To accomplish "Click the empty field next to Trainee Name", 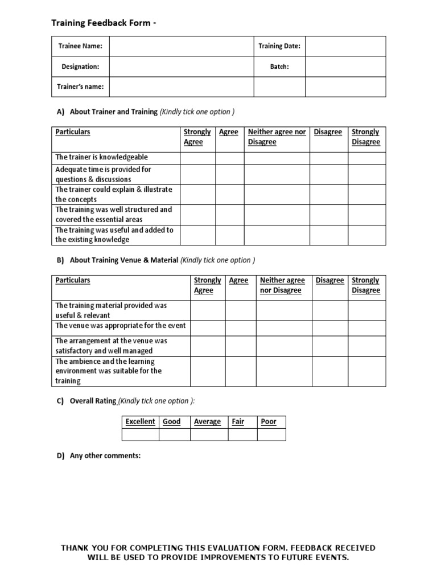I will tap(181, 46).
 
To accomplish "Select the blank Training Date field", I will tap(345, 46).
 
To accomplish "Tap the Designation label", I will tap(80, 67).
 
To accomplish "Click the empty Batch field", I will tap(345, 67).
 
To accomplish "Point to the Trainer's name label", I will tap(80, 87).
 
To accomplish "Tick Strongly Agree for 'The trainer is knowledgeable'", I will tap(197, 157).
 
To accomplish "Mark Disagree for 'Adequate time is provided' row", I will tap(329, 174).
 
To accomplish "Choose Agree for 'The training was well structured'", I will tap(229, 214).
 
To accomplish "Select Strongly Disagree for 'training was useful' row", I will tap(366, 235).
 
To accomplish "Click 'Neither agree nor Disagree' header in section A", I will tap(277, 137).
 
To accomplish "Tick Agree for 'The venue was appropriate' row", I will tap(240, 328).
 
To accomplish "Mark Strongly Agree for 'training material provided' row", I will tap(207, 310).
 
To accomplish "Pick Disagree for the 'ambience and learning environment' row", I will tap(330, 371).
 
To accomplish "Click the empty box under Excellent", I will tap(141, 435).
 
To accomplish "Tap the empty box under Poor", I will tap(271, 435).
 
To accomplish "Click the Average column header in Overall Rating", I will tap(208, 422).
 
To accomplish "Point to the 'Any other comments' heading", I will tap(105, 456).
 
